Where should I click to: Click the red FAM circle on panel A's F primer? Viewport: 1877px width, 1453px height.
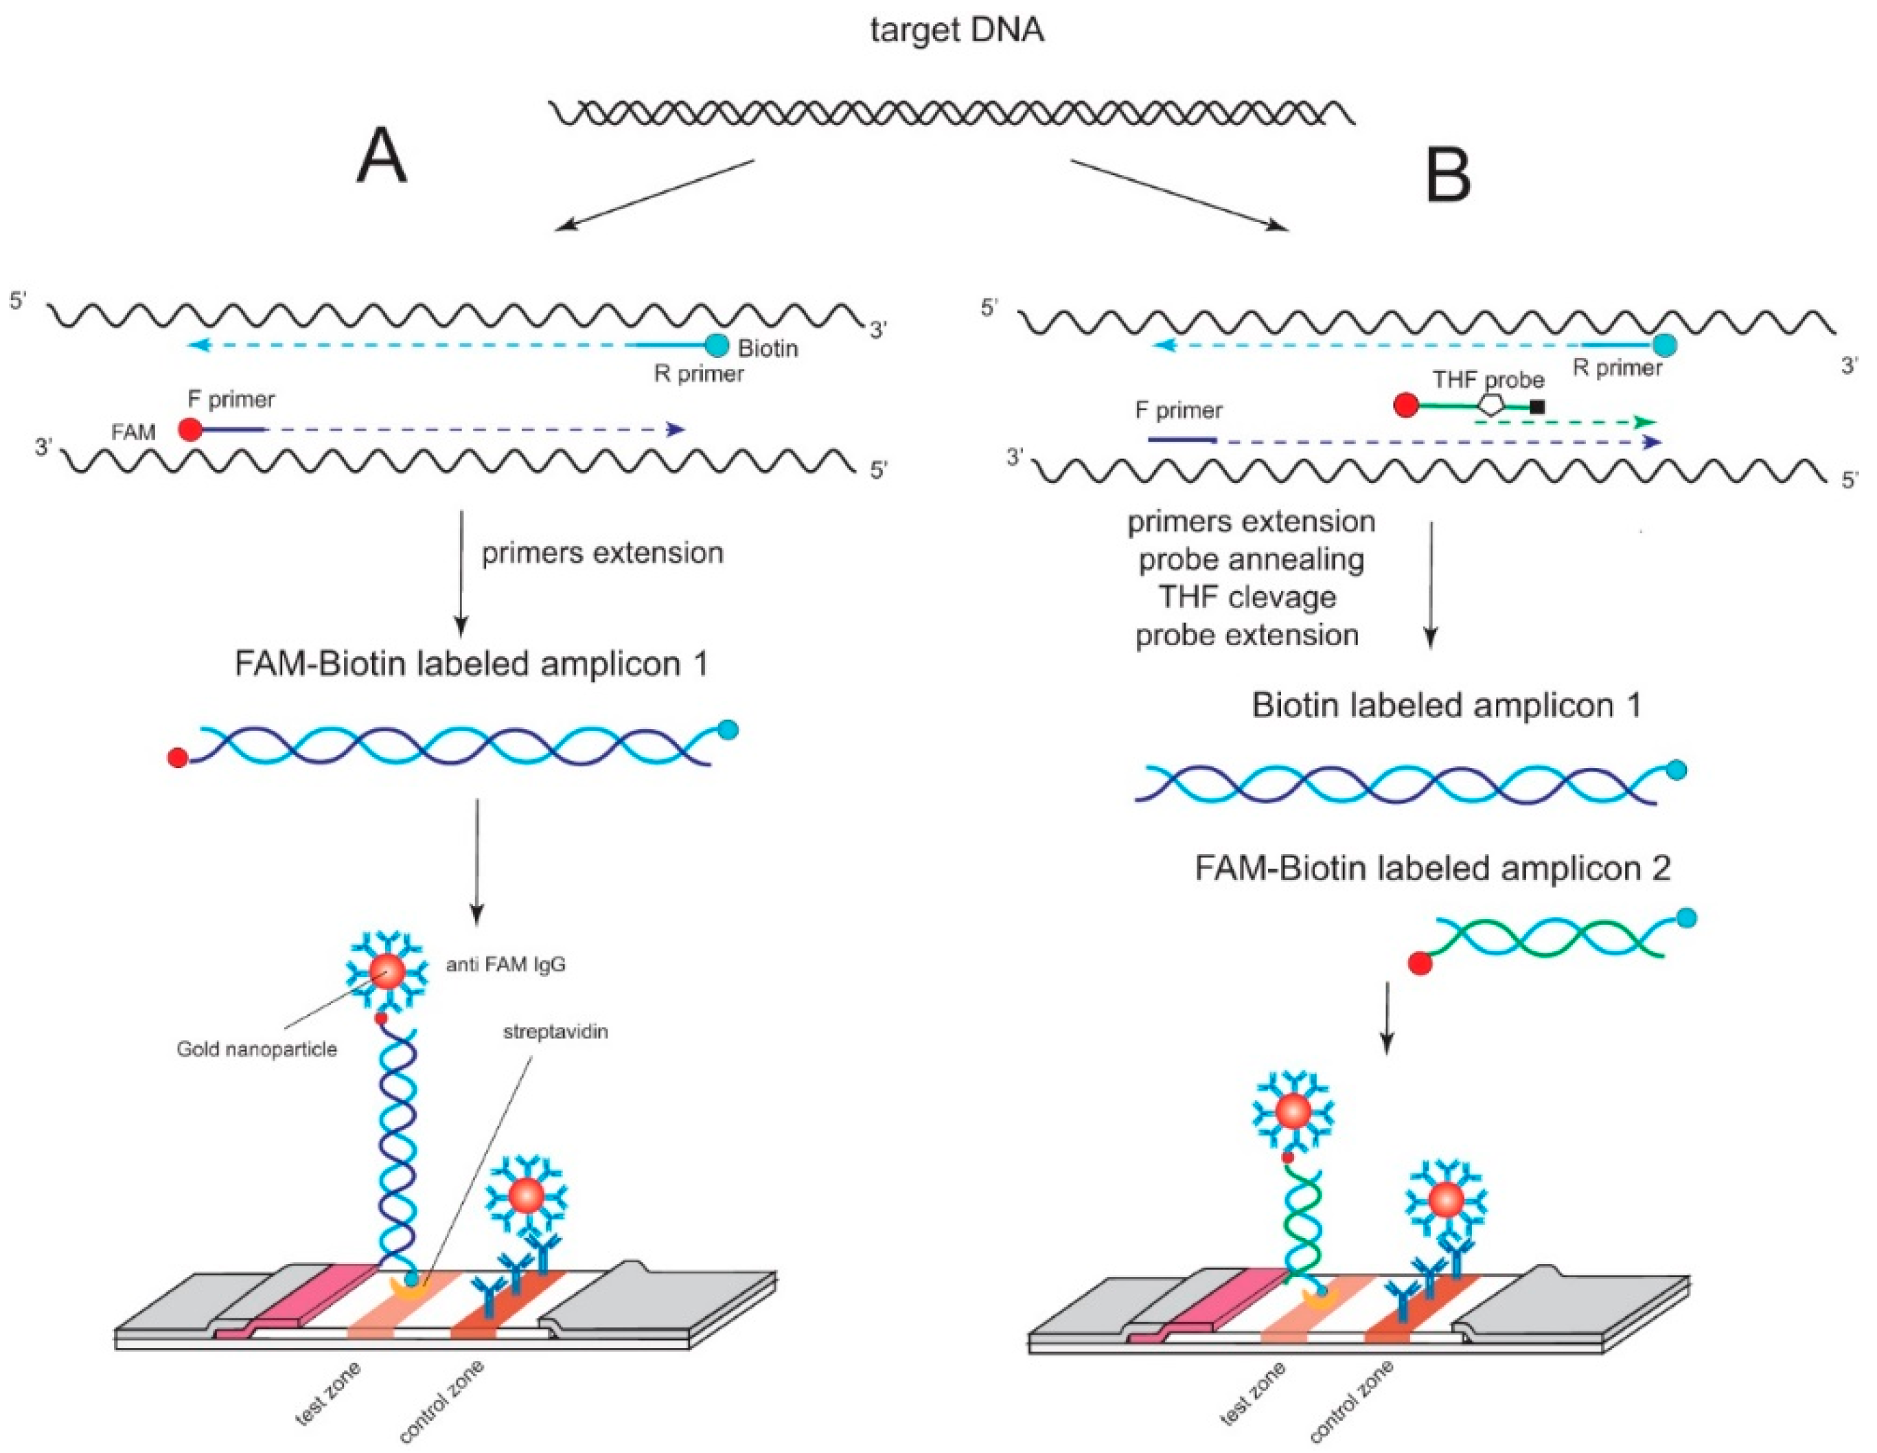[191, 429]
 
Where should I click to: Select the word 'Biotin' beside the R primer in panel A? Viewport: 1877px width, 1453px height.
[768, 348]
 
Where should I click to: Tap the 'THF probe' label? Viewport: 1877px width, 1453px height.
[1488, 379]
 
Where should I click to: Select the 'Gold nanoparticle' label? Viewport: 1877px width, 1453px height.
[257, 1049]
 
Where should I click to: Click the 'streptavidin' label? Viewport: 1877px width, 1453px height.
[555, 1031]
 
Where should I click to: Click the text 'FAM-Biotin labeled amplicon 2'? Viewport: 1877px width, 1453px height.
[1433, 868]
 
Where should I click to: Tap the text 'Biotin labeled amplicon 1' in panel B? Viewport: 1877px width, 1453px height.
[1447, 705]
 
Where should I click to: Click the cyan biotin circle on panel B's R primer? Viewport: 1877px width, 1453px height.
[1665, 346]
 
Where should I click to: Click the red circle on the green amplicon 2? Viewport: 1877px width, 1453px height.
[1420, 963]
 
